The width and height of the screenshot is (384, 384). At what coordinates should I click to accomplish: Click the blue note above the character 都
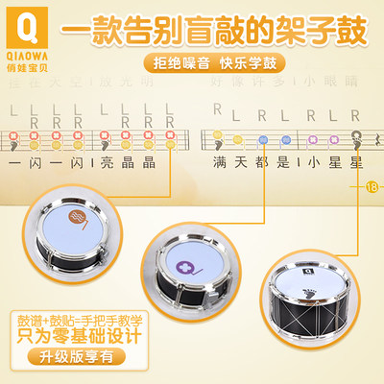click(x=262, y=138)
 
